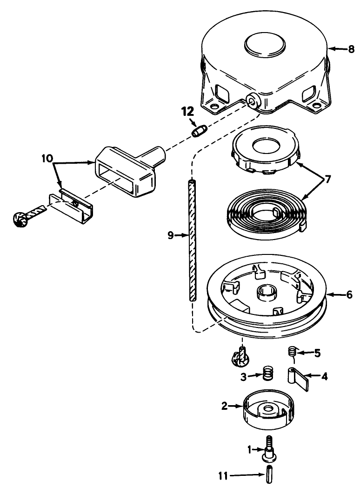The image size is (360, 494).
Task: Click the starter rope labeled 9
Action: tap(191, 242)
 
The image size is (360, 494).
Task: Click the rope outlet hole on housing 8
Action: tap(253, 101)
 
